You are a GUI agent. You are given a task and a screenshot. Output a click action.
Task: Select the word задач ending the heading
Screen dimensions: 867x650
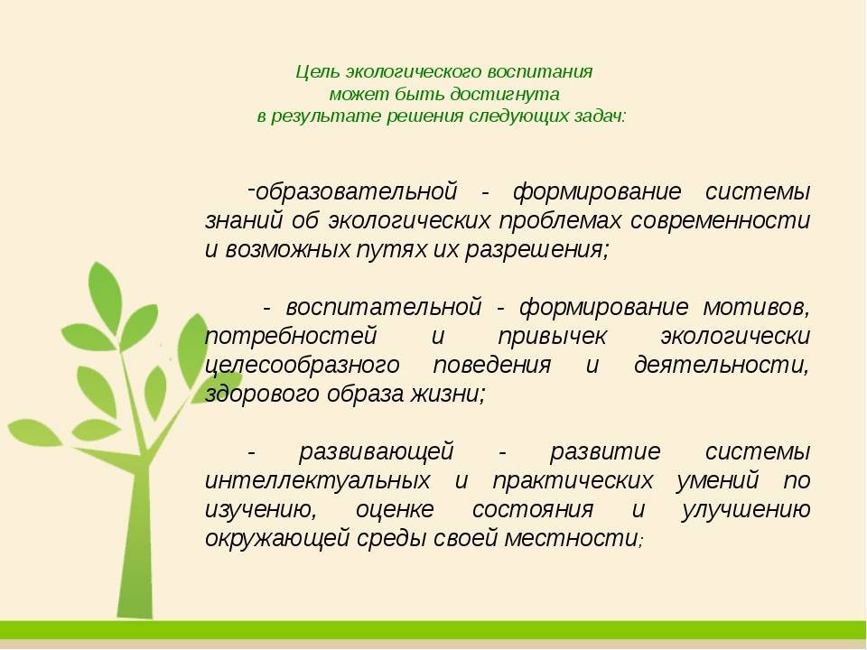coord(598,116)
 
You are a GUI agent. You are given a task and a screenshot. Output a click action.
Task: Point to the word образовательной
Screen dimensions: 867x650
coord(357,191)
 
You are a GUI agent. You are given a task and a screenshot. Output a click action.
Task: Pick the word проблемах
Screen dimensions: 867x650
coord(560,221)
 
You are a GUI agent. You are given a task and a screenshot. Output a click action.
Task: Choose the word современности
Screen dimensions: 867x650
coord(720,220)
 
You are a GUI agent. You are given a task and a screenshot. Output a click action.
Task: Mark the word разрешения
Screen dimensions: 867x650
coord(536,250)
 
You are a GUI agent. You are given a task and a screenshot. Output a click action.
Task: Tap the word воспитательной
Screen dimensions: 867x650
coord(384,307)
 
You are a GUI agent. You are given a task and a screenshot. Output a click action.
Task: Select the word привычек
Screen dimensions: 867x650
coord(552,337)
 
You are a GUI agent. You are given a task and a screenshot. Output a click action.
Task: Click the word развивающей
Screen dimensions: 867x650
coord(377,452)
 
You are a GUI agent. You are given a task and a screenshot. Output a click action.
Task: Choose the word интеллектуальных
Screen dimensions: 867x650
coord(317,481)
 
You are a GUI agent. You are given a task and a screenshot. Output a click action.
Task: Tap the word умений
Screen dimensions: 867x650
coord(717,481)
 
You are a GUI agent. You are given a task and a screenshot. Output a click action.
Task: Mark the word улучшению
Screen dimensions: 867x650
coord(746,509)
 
